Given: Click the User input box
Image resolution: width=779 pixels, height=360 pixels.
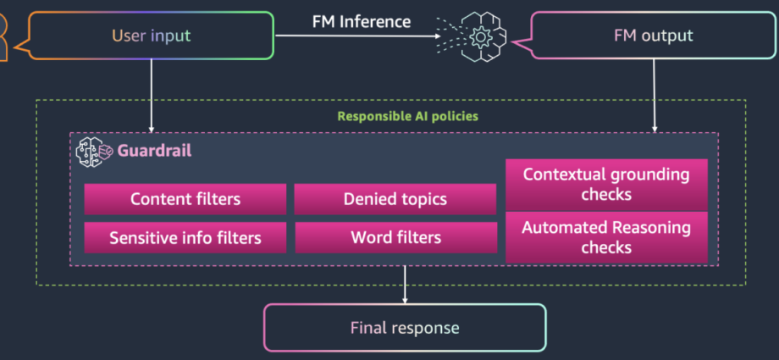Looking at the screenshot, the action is point(151,36).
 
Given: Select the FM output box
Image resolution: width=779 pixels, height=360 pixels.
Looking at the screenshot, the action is point(653,36).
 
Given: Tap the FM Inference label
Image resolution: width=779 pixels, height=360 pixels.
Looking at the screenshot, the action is point(362,21).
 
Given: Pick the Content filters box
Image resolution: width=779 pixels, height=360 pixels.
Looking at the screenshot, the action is point(185,199).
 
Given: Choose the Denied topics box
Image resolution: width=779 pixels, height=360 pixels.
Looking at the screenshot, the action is point(395,199).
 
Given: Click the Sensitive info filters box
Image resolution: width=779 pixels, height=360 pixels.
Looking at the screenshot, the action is point(185,238).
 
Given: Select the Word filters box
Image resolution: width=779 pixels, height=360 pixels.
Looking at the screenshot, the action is point(396,238).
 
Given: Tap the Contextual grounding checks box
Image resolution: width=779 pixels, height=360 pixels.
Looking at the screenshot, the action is point(606,185).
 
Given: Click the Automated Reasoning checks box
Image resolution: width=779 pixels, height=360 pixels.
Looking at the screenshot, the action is point(606,237).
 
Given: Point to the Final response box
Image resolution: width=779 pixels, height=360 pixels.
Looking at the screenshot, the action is point(405,328).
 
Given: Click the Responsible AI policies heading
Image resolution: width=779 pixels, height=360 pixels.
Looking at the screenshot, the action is point(408,116).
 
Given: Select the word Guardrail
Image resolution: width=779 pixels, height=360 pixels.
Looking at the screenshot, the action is point(154,151).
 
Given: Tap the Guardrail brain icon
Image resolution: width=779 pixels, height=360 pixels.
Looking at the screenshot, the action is point(94,151).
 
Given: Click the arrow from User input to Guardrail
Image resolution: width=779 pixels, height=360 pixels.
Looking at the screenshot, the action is point(151,96).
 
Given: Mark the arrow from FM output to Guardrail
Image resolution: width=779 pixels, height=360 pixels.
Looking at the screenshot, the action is point(654,96).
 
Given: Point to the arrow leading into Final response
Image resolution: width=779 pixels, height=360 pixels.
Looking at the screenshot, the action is point(405,285).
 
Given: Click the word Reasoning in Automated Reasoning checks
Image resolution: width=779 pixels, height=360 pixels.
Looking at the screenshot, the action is point(651,228).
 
